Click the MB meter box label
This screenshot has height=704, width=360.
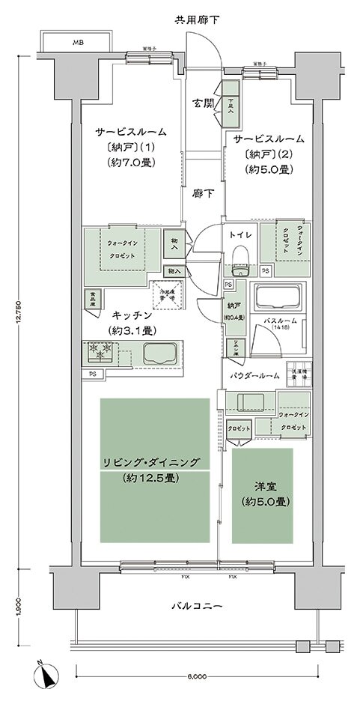77,43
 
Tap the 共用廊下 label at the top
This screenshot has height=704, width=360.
198,17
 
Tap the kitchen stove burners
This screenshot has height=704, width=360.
101,352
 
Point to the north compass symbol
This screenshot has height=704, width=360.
47,676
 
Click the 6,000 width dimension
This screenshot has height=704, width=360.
198,676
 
